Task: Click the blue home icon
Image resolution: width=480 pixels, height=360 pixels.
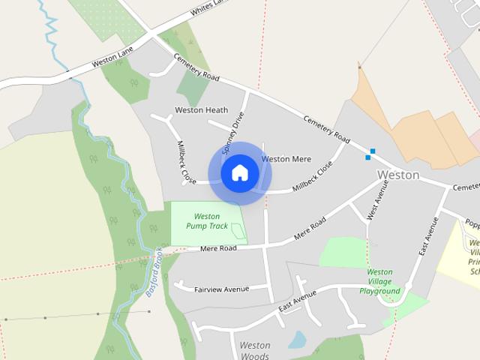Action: pyautogui.click(x=240, y=173)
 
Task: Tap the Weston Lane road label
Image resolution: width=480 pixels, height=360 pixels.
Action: pyautogui.click(x=112, y=61)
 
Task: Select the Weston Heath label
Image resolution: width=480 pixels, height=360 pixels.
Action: pyautogui.click(x=201, y=110)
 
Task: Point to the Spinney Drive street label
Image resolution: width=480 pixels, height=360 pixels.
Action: pyautogui.click(x=233, y=133)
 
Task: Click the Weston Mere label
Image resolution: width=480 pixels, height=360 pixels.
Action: pyautogui.click(x=286, y=159)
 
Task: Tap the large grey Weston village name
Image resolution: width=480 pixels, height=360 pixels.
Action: pyautogui.click(x=397, y=175)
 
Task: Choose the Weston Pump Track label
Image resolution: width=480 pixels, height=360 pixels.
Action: pyautogui.click(x=207, y=220)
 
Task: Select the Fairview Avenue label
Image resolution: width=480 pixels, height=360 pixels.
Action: pyautogui.click(x=221, y=288)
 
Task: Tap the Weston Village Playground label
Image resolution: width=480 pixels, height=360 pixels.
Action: pyautogui.click(x=379, y=281)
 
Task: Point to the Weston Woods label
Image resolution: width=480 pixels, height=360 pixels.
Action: pyautogui.click(x=254, y=350)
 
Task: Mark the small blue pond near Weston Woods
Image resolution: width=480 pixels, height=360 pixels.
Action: pyautogui.click(x=297, y=340)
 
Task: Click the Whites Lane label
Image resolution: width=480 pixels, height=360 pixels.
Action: pyautogui.click(x=208, y=7)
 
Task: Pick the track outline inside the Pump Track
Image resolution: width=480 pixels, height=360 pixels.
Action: pyautogui.click(x=238, y=231)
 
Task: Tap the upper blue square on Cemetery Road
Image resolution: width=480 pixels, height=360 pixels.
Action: pyautogui.click(x=372, y=151)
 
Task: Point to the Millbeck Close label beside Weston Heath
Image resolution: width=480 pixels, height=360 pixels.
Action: pyautogui.click(x=185, y=162)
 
